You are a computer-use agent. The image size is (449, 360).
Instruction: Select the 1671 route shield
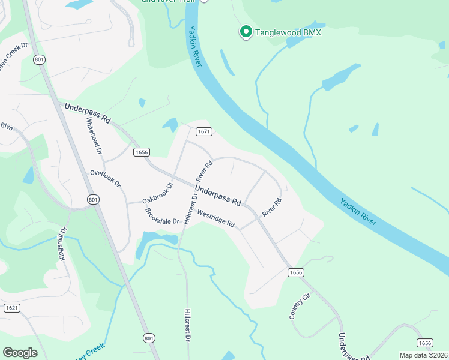[204, 131]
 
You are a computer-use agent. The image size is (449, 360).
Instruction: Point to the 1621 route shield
[11, 308]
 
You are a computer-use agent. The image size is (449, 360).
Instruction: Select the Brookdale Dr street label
[163, 217]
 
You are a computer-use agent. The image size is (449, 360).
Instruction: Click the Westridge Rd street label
[215, 219]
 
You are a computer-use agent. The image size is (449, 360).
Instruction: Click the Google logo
[20, 352]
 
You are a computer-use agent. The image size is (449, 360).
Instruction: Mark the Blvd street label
[7, 127]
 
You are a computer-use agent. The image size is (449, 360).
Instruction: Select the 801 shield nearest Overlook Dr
[92, 199]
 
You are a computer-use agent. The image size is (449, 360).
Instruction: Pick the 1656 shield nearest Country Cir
[295, 272]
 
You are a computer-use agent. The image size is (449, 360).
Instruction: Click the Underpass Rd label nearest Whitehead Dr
[88, 112]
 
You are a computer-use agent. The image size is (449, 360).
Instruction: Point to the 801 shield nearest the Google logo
[149, 338]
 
